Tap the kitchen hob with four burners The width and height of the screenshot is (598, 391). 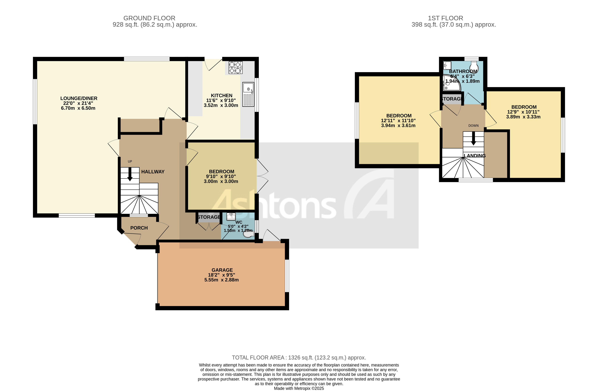click(235, 67)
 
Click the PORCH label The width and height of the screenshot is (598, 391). click(139, 228)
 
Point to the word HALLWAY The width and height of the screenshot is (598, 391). click(153, 172)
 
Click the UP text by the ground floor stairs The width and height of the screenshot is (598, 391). click(130, 161)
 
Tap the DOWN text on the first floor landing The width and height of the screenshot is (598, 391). click(473, 126)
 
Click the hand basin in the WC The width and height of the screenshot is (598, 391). click(231, 216)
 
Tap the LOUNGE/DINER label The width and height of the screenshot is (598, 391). click(79, 98)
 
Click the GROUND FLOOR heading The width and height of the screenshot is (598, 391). click(149, 18)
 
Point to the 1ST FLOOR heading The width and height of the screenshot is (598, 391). click(445, 18)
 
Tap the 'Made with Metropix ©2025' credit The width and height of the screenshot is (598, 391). click(299, 388)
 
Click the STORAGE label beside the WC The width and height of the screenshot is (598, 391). click(209, 217)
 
